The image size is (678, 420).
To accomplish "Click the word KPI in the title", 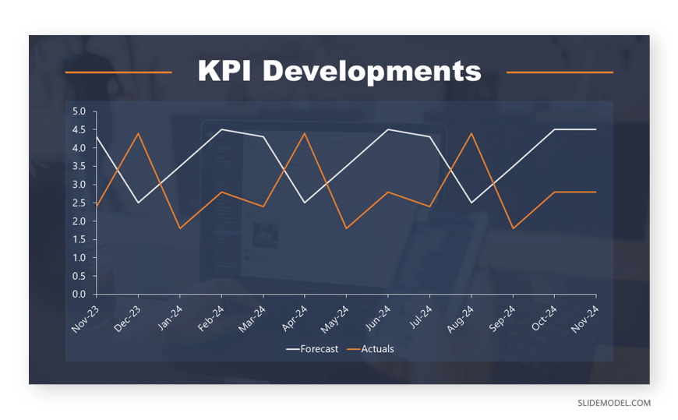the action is pos(224,70).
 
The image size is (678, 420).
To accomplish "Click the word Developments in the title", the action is pos(372,72).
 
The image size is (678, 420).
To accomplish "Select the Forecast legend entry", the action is pos(313,349).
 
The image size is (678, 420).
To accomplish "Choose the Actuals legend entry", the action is pos(371,349).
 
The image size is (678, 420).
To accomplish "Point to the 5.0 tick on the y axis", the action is pos(79,111).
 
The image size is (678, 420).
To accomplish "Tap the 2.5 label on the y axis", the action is pos(79,203).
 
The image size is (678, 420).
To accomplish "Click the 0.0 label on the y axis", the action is pos(79,295).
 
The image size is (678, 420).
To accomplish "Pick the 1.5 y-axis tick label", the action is pos(79,240).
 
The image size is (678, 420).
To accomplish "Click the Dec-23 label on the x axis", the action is pos(127,319).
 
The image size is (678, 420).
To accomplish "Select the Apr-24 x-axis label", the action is pos(295,319).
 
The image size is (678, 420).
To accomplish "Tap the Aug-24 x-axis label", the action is pos(461,319).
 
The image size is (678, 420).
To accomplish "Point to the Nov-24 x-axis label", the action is pos(585,319).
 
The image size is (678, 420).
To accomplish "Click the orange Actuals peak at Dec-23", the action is pos(138,133).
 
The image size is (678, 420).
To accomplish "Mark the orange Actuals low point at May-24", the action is pos(346,228).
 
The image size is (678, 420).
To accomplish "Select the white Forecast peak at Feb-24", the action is pos(221,129).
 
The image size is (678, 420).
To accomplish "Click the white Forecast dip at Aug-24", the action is pos(471,203).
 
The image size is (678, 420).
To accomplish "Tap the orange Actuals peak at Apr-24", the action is pos(305,133).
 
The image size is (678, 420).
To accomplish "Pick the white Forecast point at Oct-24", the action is pos(555,129).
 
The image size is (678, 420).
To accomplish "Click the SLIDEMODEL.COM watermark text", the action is pos(614,403).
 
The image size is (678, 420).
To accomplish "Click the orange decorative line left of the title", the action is pos(118,72).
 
